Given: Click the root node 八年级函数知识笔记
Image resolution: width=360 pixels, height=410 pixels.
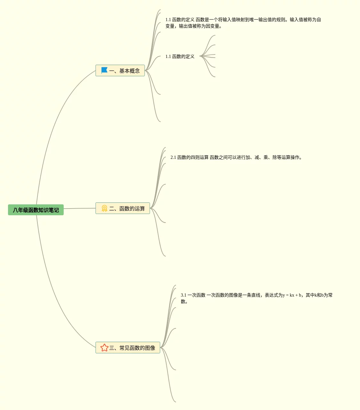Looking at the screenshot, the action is pyautogui.click(x=36, y=210).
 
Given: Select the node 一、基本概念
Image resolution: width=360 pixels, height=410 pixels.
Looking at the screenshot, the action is pyautogui.click(x=120, y=70).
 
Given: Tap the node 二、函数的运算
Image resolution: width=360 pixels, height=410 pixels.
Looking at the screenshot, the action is pyautogui.click(x=123, y=208).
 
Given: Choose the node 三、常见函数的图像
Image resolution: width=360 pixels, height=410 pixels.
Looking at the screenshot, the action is pyautogui.click(x=128, y=348).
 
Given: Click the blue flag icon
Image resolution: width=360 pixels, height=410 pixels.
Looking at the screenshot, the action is pyautogui.click(x=104, y=70).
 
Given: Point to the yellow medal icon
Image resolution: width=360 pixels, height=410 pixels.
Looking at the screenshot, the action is pyautogui.click(x=104, y=208).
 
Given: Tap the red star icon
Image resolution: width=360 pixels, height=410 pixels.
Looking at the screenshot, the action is pyautogui.click(x=104, y=348).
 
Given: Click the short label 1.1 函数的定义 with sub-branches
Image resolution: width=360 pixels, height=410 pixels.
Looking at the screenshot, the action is pyautogui.click(x=180, y=56).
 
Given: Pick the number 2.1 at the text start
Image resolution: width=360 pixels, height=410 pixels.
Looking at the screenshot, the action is pyautogui.click(x=173, y=157).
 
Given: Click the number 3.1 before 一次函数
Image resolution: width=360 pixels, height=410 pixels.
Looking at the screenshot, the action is pyautogui.click(x=183, y=295).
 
